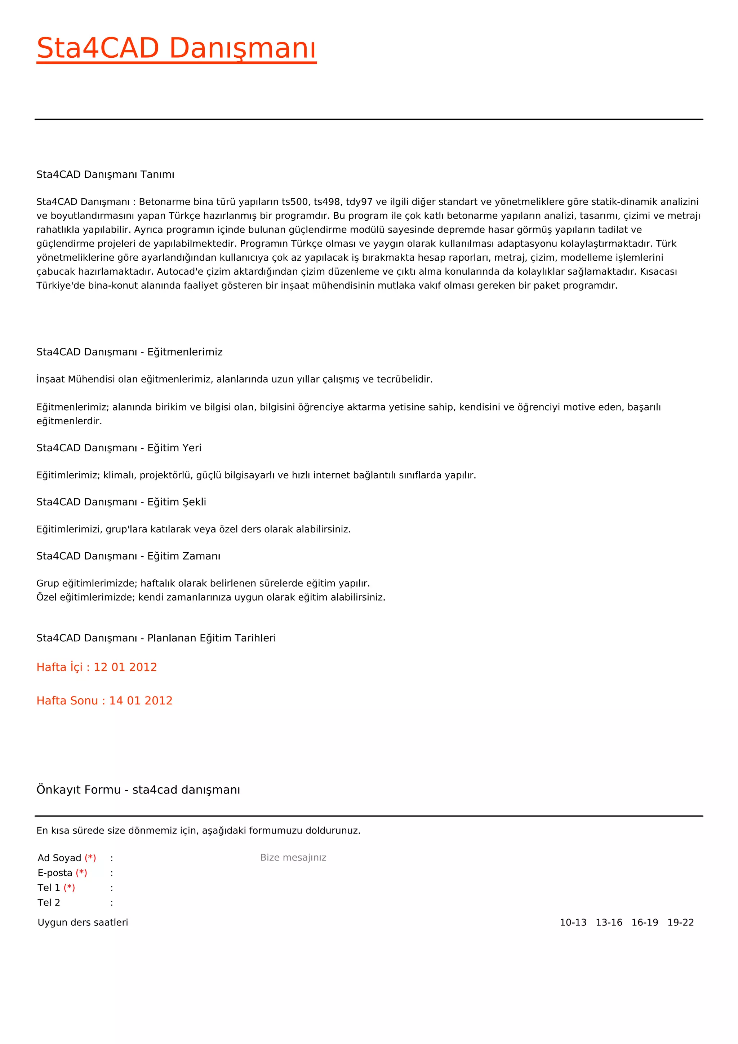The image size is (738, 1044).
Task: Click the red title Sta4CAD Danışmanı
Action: tap(176, 48)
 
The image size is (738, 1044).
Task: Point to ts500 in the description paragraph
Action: tap(295, 202)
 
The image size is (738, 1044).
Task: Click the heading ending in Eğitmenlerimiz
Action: tap(129, 352)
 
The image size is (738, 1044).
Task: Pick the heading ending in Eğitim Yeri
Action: tap(119, 448)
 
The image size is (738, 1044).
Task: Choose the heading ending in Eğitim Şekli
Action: tap(121, 502)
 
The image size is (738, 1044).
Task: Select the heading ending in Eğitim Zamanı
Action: tap(128, 556)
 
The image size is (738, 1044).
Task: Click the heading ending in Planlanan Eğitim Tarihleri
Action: tap(156, 638)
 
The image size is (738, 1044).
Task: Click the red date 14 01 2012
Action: tap(141, 701)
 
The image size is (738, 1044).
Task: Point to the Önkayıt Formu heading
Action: tap(138, 790)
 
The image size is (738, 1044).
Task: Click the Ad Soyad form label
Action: tap(59, 858)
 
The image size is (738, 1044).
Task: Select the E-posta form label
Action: tap(55, 873)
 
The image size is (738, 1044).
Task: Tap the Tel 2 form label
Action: tap(49, 903)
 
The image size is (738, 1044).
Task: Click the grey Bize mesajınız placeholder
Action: tap(293, 858)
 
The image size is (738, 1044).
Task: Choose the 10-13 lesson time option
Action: tap(573, 923)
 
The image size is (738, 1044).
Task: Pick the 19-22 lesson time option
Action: tap(680, 923)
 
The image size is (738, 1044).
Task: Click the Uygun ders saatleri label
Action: tap(83, 923)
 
